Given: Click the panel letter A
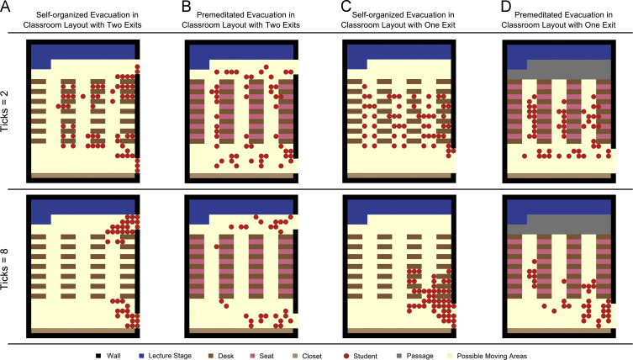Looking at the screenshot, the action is (5, 6).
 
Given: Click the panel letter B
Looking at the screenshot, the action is (186, 6).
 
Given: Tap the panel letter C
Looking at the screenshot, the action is (346, 6).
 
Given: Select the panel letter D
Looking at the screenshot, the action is (506, 6).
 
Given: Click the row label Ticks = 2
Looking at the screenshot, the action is (5, 111).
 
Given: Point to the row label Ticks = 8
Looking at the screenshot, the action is (5, 268).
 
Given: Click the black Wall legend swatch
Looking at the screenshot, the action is (98, 356).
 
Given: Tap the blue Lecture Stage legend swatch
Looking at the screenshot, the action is (141, 356).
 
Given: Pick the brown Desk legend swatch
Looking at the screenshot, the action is (211, 356).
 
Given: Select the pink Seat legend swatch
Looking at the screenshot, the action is (253, 356).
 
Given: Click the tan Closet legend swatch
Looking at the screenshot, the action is (295, 356).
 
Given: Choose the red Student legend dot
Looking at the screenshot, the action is (346, 356).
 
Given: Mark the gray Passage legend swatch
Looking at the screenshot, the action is (399, 356).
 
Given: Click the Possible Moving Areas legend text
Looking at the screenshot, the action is (492, 356).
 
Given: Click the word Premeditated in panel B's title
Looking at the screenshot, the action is (219, 15).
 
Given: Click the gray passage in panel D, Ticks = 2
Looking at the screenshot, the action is (569, 70).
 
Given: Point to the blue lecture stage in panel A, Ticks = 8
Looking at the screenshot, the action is (82, 208).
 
